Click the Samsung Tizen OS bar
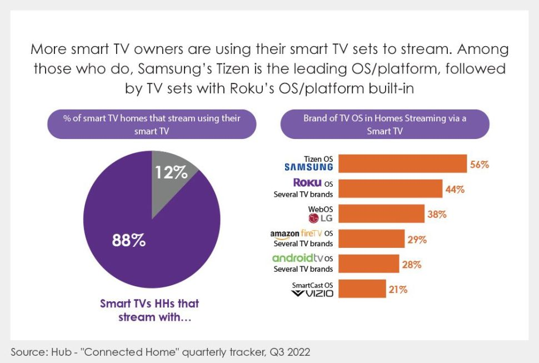402,164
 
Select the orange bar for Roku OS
390,189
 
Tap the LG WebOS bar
382,214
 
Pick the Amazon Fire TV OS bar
371,238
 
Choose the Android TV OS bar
368,263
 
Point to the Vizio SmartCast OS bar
362,289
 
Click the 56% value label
480,165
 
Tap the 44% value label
455,190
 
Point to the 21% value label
398,289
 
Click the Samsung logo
308,167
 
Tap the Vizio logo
312,293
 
